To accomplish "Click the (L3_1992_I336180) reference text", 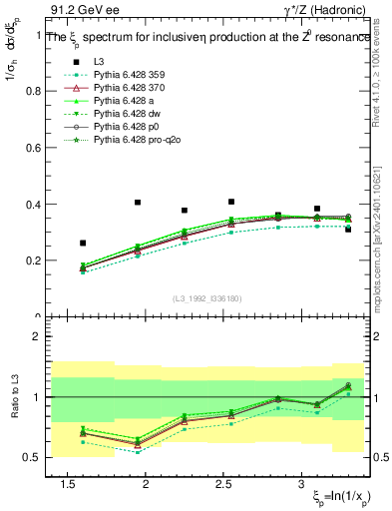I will pyautogui.click(x=204, y=298).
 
